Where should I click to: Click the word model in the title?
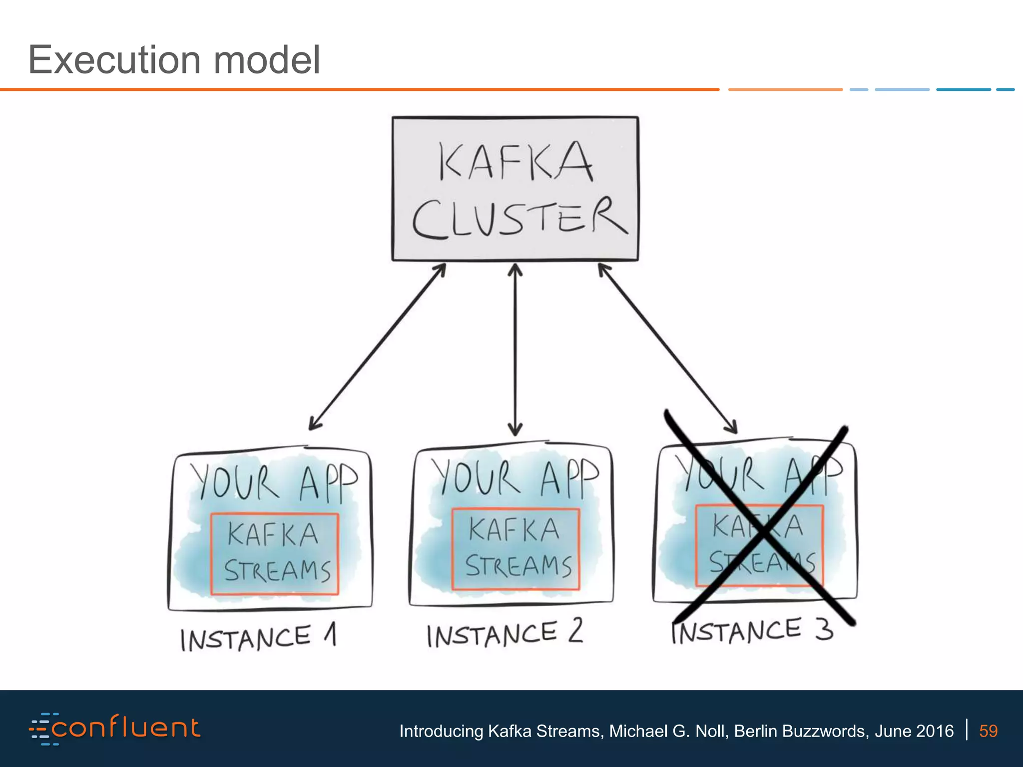(x=267, y=60)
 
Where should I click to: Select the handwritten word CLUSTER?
(x=519, y=218)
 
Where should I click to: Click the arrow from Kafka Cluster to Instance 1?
(x=377, y=347)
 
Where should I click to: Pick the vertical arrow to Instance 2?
(x=515, y=350)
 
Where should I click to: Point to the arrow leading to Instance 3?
(x=667, y=349)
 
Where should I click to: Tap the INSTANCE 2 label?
(x=505, y=634)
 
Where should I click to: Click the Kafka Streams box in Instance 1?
(x=275, y=554)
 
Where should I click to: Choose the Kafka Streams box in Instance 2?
(x=515, y=549)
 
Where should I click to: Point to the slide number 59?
(x=988, y=731)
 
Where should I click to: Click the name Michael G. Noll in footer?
(x=667, y=731)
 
